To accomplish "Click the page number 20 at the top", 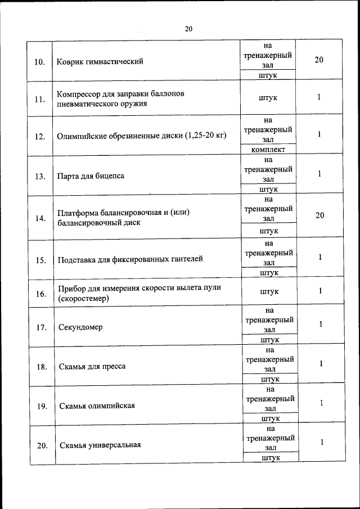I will [x=188, y=29].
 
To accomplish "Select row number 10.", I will [x=40, y=61].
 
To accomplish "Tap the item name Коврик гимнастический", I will [x=100, y=61].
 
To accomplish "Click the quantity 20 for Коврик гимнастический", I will [x=319, y=60].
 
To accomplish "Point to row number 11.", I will [x=39, y=100].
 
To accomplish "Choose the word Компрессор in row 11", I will [x=76, y=93].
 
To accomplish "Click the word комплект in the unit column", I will [x=269, y=150].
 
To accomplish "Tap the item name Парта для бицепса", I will [x=91, y=176].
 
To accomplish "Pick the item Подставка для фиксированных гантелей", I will [x=130, y=259].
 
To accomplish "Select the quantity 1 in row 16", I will [x=319, y=291].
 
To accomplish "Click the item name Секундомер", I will [x=80, y=327].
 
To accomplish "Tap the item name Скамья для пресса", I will [x=92, y=367].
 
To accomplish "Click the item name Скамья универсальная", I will [x=100, y=445].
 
